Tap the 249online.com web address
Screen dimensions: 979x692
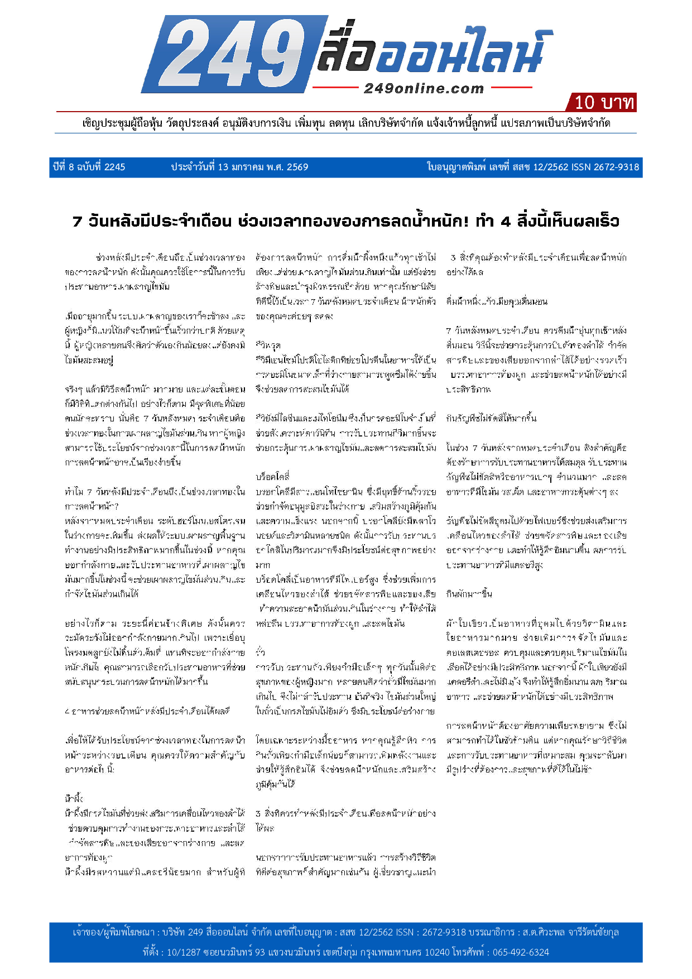click(x=424, y=89)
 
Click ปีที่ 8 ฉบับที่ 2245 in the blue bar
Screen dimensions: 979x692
click(x=89, y=167)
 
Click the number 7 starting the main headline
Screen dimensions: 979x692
click(x=77, y=222)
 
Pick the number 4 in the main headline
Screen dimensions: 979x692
click(x=506, y=222)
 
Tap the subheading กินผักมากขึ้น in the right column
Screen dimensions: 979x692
click(x=469, y=594)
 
